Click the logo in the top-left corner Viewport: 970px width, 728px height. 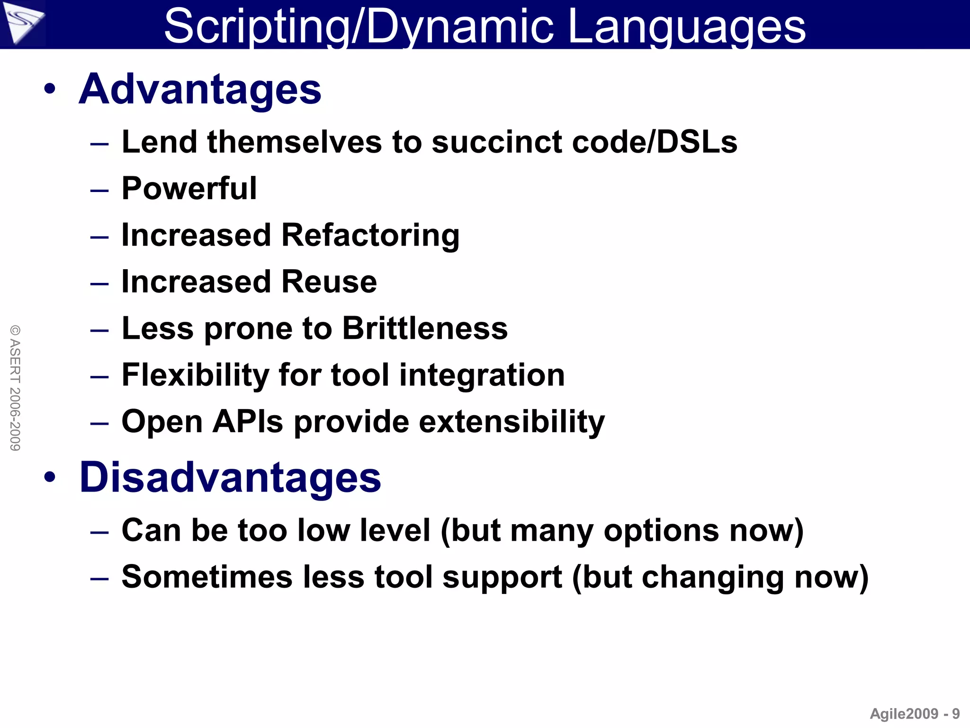point(22,24)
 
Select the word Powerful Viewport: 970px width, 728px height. point(189,189)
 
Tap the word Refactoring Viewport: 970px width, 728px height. point(370,236)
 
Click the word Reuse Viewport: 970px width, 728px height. point(329,282)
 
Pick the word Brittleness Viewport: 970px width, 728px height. point(425,328)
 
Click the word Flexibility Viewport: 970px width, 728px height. point(195,375)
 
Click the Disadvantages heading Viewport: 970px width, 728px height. point(230,477)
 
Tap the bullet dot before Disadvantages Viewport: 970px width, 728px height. point(50,477)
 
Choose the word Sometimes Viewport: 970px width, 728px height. point(207,577)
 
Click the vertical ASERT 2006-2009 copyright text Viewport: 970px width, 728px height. point(15,388)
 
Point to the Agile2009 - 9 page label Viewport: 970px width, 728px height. point(915,713)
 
